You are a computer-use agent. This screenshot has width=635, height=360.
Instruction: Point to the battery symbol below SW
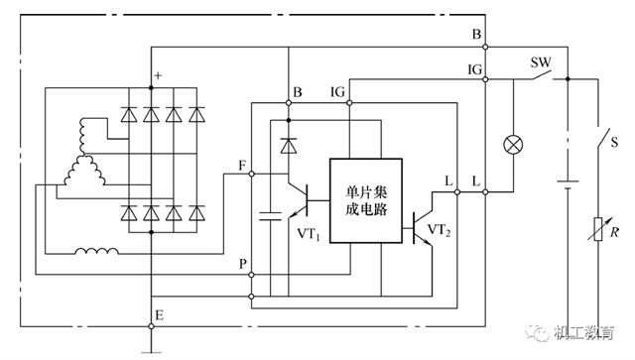568,183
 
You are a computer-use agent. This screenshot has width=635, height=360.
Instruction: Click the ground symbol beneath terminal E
151,349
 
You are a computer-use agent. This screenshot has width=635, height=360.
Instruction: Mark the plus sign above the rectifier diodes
158,75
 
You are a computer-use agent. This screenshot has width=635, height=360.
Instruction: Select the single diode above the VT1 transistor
288,147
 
